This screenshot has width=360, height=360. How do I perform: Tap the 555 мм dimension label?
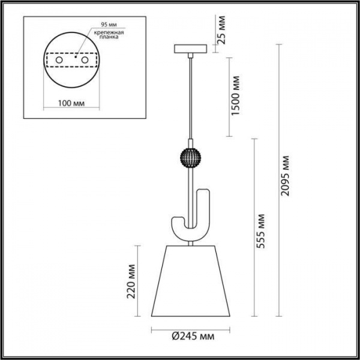[260, 231]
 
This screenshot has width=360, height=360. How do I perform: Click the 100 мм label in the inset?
[71, 103]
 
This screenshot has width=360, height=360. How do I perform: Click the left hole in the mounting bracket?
[58, 61]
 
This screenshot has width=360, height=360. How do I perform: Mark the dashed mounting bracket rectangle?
[71, 61]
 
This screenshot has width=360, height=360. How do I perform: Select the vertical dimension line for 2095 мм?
[277, 181]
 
